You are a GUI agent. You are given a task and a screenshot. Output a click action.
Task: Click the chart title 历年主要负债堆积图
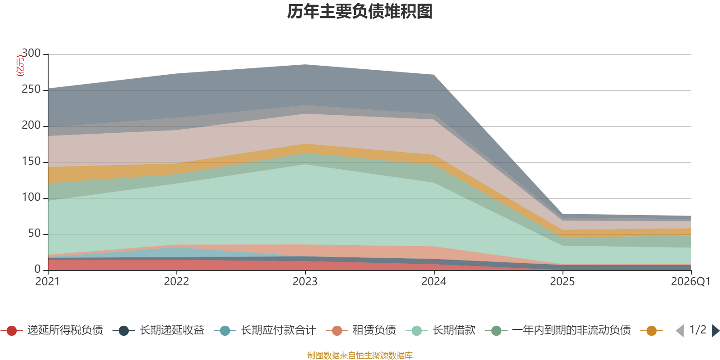point(360,12)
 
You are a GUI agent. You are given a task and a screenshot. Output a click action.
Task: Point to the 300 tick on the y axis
point(31,53)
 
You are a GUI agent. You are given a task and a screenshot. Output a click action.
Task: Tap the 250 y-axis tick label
point(31,89)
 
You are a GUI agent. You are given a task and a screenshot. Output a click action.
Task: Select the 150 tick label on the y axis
point(31,161)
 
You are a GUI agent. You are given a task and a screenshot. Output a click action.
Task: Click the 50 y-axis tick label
point(34,233)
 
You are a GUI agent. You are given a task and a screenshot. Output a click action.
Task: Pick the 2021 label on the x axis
point(48,282)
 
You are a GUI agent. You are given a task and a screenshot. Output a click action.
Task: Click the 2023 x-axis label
point(305,282)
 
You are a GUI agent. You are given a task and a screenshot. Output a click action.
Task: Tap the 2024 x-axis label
point(434,282)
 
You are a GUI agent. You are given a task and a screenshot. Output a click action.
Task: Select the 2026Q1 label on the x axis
point(691,282)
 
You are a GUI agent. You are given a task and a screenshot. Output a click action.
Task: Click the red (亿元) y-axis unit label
point(20,66)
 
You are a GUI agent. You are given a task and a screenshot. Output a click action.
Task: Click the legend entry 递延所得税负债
point(52,330)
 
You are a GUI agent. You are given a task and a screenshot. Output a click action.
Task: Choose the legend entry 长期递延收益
point(158,330)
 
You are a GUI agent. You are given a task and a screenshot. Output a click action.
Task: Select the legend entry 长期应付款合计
point(265,330)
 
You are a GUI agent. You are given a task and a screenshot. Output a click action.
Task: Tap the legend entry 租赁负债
point(360,330)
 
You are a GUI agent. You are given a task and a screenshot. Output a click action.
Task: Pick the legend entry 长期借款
point(441,330)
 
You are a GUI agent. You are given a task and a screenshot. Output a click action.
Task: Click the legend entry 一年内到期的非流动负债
point(558,330)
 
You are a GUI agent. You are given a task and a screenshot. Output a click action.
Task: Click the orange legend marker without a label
point(652,331)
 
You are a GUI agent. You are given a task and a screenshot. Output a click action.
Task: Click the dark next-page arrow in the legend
point(715,331)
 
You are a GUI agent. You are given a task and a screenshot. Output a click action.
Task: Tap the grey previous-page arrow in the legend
point(680,331)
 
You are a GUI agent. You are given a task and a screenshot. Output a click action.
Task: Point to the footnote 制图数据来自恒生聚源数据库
point(360,355)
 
